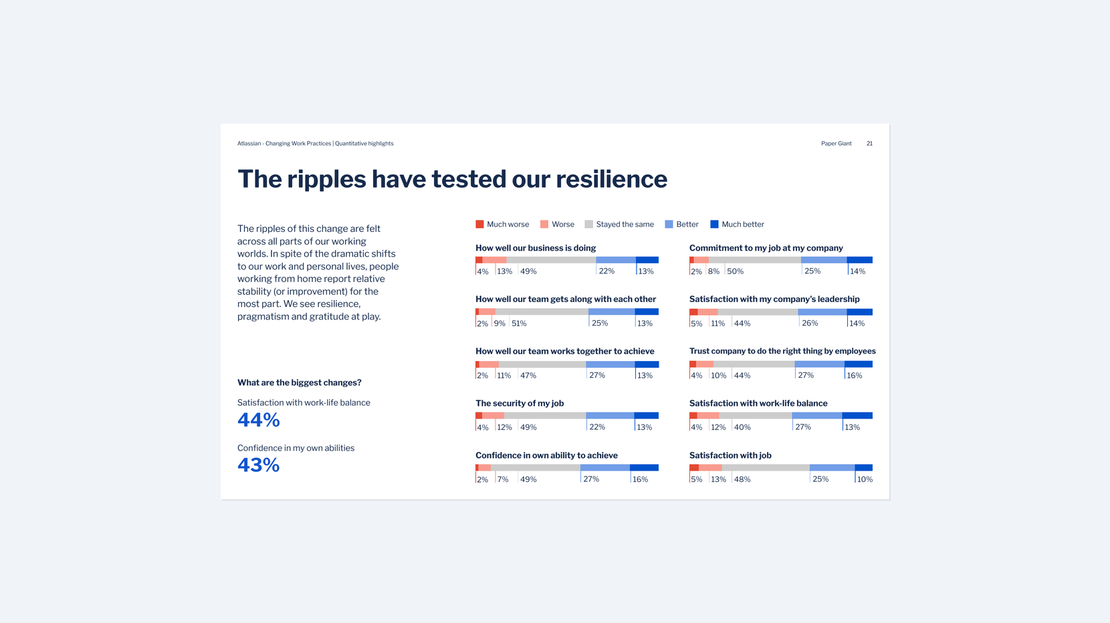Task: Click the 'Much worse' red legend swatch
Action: tap(479, 225)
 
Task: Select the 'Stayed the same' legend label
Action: tap(625, 225)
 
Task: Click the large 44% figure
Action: tap(259, 420)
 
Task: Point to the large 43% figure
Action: tap(259, 465)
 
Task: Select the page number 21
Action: tap(869, 144)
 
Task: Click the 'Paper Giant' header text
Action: tap(836, 144)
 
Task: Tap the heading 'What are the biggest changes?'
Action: tap(299, 383)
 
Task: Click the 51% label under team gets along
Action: tap(519, 324)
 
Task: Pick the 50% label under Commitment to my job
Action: tap(735, 271)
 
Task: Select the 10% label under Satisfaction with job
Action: tap(865, 479)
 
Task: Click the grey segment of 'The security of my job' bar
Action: tap(544, 416)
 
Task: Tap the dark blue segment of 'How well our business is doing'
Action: tap(647, 260)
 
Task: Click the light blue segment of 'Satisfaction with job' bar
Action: tap(832, 467)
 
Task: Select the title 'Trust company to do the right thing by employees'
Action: tap(782, 351)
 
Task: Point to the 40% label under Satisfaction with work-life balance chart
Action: tap(742, 427)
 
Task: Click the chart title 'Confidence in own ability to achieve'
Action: tap(546, 455)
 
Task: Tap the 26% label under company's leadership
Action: tap(810, 324)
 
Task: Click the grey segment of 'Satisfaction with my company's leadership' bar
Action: tap(758, 312)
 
